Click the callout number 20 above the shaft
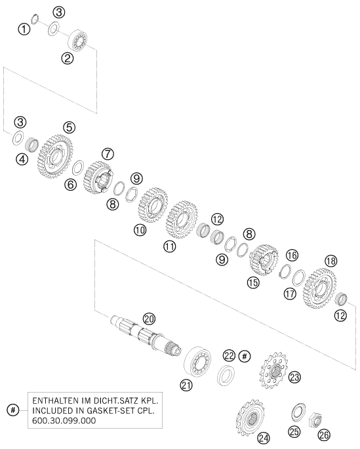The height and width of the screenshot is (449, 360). point(150,319)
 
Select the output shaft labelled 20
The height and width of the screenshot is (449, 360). point(146,336)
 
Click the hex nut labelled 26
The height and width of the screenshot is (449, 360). point(315,420)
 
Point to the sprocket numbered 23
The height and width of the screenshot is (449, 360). point(274,370)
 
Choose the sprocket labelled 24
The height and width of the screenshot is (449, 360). point(250,418)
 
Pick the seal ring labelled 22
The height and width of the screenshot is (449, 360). point(226,375)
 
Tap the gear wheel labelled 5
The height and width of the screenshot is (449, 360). point(55,157)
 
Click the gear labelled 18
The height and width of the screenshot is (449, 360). point(319,288)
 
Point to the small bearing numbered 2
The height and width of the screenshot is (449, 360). point(78,41)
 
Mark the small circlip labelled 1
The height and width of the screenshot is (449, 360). point(35,19)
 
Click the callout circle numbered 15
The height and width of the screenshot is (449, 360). point(253,283)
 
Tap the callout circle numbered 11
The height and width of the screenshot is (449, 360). point(170,246)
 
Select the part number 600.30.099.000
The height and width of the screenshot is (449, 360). point(64,421)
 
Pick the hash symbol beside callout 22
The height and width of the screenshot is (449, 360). point(245,356)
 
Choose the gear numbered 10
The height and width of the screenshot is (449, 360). point(153,205)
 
